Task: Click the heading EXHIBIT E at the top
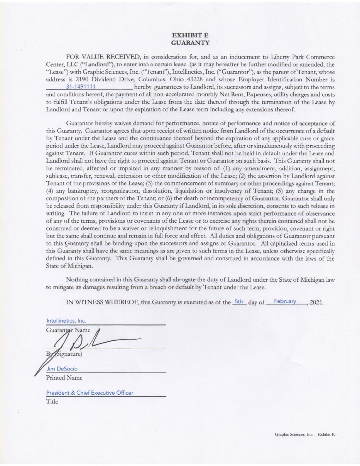coord(190,35)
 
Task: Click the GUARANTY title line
coord(190,42)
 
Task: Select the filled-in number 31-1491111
coord(81,87)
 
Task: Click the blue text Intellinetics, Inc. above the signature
coord(66,321)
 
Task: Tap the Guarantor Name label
coord(68,330)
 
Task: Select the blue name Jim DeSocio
coord(62,369)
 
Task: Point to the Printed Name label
coord(64,378)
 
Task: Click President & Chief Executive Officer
coord(90,393)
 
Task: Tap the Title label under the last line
coord(52,402)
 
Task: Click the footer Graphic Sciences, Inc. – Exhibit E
coord(304,434)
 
